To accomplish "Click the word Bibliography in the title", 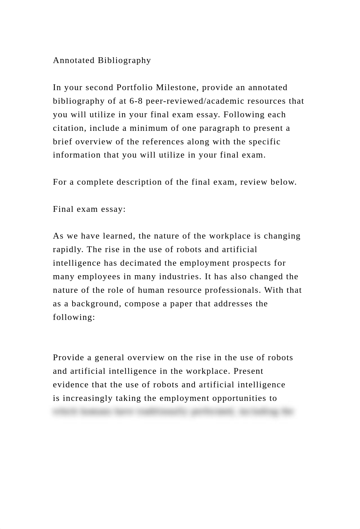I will click(124, 60).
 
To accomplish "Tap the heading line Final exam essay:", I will click(89, 209).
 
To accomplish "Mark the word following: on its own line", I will click(74, 317).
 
